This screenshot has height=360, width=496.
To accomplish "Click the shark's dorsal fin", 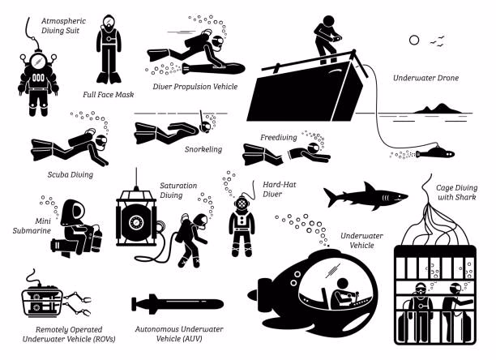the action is (x=369, y=187).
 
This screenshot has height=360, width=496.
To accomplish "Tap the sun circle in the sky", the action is (x=414, y=41).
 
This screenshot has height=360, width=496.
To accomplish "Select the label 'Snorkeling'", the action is (x=203, y=149).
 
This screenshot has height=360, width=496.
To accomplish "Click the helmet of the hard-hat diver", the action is (x=242, y=204).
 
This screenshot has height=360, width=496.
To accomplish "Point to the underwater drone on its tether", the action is (x=435, y=153).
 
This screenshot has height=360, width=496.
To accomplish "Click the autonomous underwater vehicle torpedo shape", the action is (x=177, y=304).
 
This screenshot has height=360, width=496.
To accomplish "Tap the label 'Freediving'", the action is (x=279, y=138).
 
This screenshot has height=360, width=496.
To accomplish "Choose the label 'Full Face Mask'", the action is (x=109, y=95).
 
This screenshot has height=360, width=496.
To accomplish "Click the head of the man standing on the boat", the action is (x=328, y=21).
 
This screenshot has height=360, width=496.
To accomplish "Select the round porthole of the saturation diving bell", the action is (x=136, y=222).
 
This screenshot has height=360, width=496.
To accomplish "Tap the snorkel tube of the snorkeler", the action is (x=202, y=119).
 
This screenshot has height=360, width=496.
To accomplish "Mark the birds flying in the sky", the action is (x=438, y=41).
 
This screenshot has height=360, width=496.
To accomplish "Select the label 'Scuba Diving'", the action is (x=71, y=174).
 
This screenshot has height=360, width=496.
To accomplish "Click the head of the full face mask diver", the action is (x=109, y=23).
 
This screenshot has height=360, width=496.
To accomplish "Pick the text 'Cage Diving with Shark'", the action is (x=457, y=192).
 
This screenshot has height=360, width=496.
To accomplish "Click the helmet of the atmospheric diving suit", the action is (x=38, y=62).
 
